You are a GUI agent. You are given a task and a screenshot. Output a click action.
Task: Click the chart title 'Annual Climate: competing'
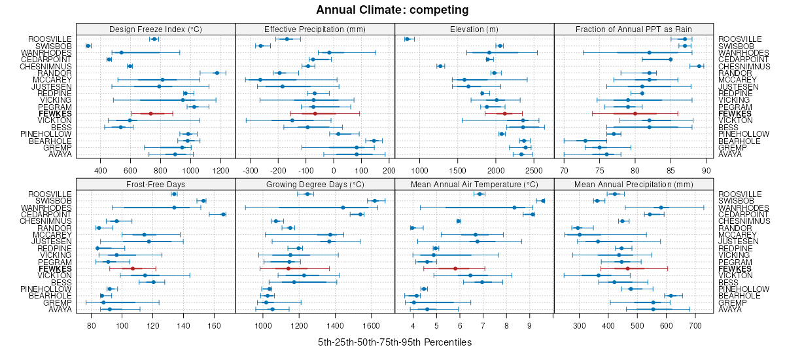pyautogui.click(x=392, y=10)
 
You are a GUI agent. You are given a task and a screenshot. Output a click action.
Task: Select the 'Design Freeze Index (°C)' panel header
pyautogui.click(x=156, y=29)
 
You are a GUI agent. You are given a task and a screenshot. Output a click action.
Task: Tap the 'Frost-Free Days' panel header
pyautogui.click(x=156, y=183)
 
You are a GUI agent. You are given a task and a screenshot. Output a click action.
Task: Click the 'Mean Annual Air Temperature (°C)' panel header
pyautogui.click(x=474, y=183)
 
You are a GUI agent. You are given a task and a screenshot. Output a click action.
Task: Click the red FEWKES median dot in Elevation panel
pyautogui.click(x=505, y=113)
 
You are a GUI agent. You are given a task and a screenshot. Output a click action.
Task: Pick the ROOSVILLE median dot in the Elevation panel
pyautogui.click(x=407, y=39)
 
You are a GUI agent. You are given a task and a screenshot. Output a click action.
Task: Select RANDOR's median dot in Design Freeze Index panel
pyautogui.click(x=217, y=73)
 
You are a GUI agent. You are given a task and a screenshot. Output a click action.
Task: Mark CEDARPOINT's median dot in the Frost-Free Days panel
pyautogui.click(x=223, y=214)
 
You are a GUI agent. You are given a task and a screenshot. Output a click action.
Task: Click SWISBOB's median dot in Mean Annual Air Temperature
pyautogui.click(x=542, y=201)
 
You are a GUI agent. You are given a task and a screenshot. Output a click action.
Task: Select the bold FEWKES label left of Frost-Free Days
pyautogui.click(x=55, y=268)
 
